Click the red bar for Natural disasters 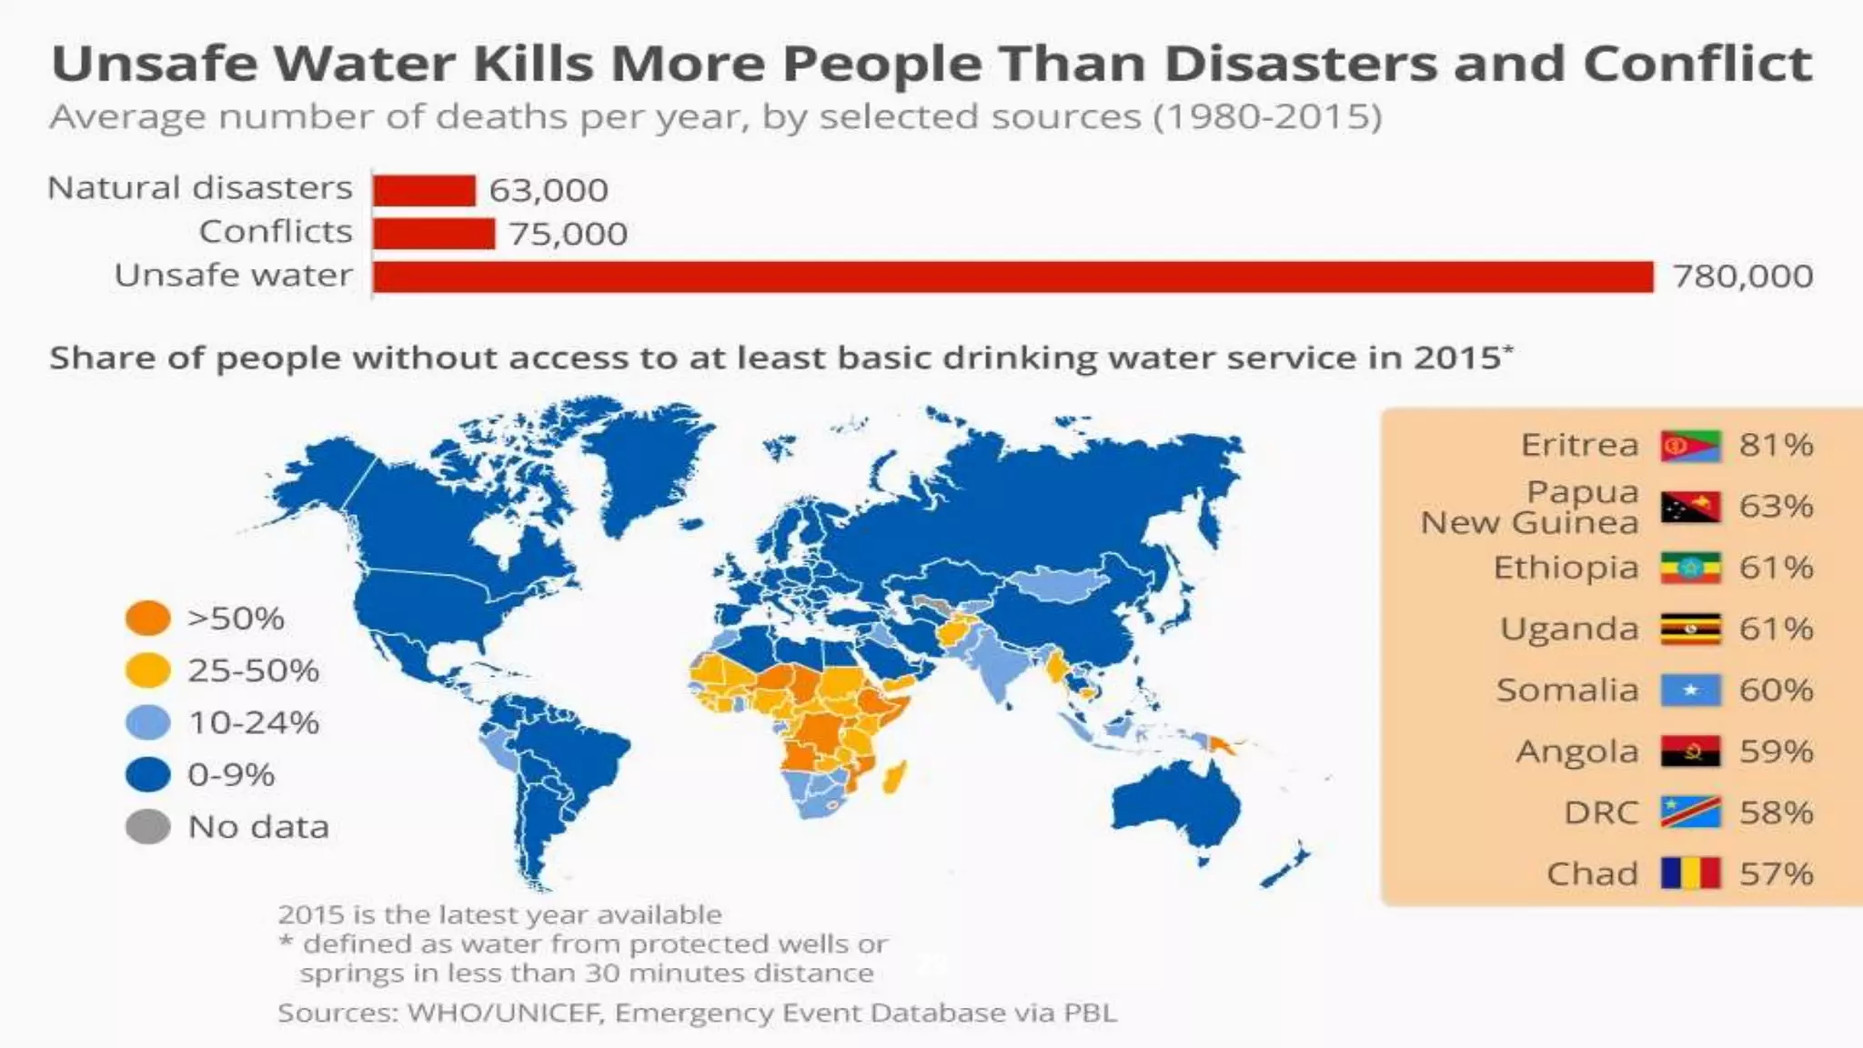pos(424,190)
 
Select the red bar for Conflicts pos(434,234)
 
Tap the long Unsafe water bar pos(1012,277)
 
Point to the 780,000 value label pos(1742,277)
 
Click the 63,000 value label pos(549,190)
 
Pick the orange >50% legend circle pos(147,619)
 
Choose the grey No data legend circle pos(147,827)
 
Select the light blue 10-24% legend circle pos(147,723)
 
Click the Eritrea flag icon pos(1690,446)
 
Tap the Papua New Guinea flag pos(1690,507)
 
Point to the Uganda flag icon pos(1690,629)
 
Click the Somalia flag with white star pos(1690,690)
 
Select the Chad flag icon pos(1690,873)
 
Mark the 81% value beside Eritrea pos(1776,446)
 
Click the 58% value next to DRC pos(1776,812)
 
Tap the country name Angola pos(1576,752)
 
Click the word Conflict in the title pos(1697,64)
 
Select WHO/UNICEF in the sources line pos(506,1013)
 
